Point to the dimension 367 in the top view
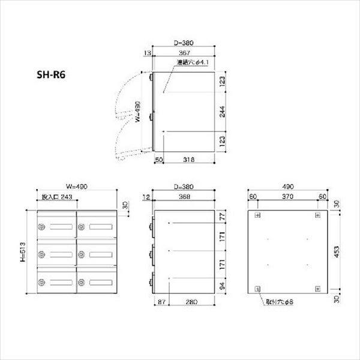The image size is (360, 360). click(x=184, y=53)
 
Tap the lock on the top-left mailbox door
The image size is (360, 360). click(x=42, y=227)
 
